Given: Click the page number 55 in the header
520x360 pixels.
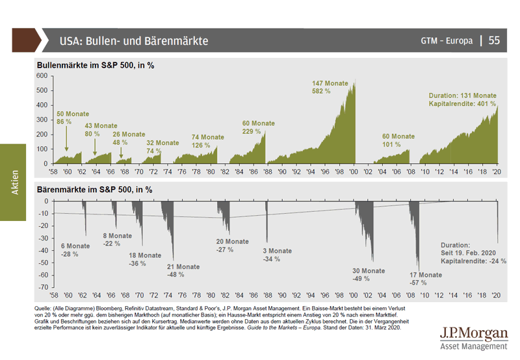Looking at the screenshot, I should [x=494, y=40].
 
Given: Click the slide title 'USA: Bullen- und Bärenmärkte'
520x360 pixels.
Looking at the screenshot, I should [x=133, y=41].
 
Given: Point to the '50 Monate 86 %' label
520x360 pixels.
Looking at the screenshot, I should [x=73, y=118].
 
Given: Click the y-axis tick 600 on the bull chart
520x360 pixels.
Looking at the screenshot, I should [x=43, y=75].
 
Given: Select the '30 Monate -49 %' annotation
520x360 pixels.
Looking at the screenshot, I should [x=369, y=274].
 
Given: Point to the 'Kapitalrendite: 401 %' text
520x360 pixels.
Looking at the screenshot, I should [x=462, y=103].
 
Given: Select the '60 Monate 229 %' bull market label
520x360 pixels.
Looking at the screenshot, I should [x=259, y=127].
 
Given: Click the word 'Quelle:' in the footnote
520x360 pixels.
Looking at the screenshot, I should [x=46, y=306].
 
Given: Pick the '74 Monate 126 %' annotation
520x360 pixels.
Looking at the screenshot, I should [x=207, y=141].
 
